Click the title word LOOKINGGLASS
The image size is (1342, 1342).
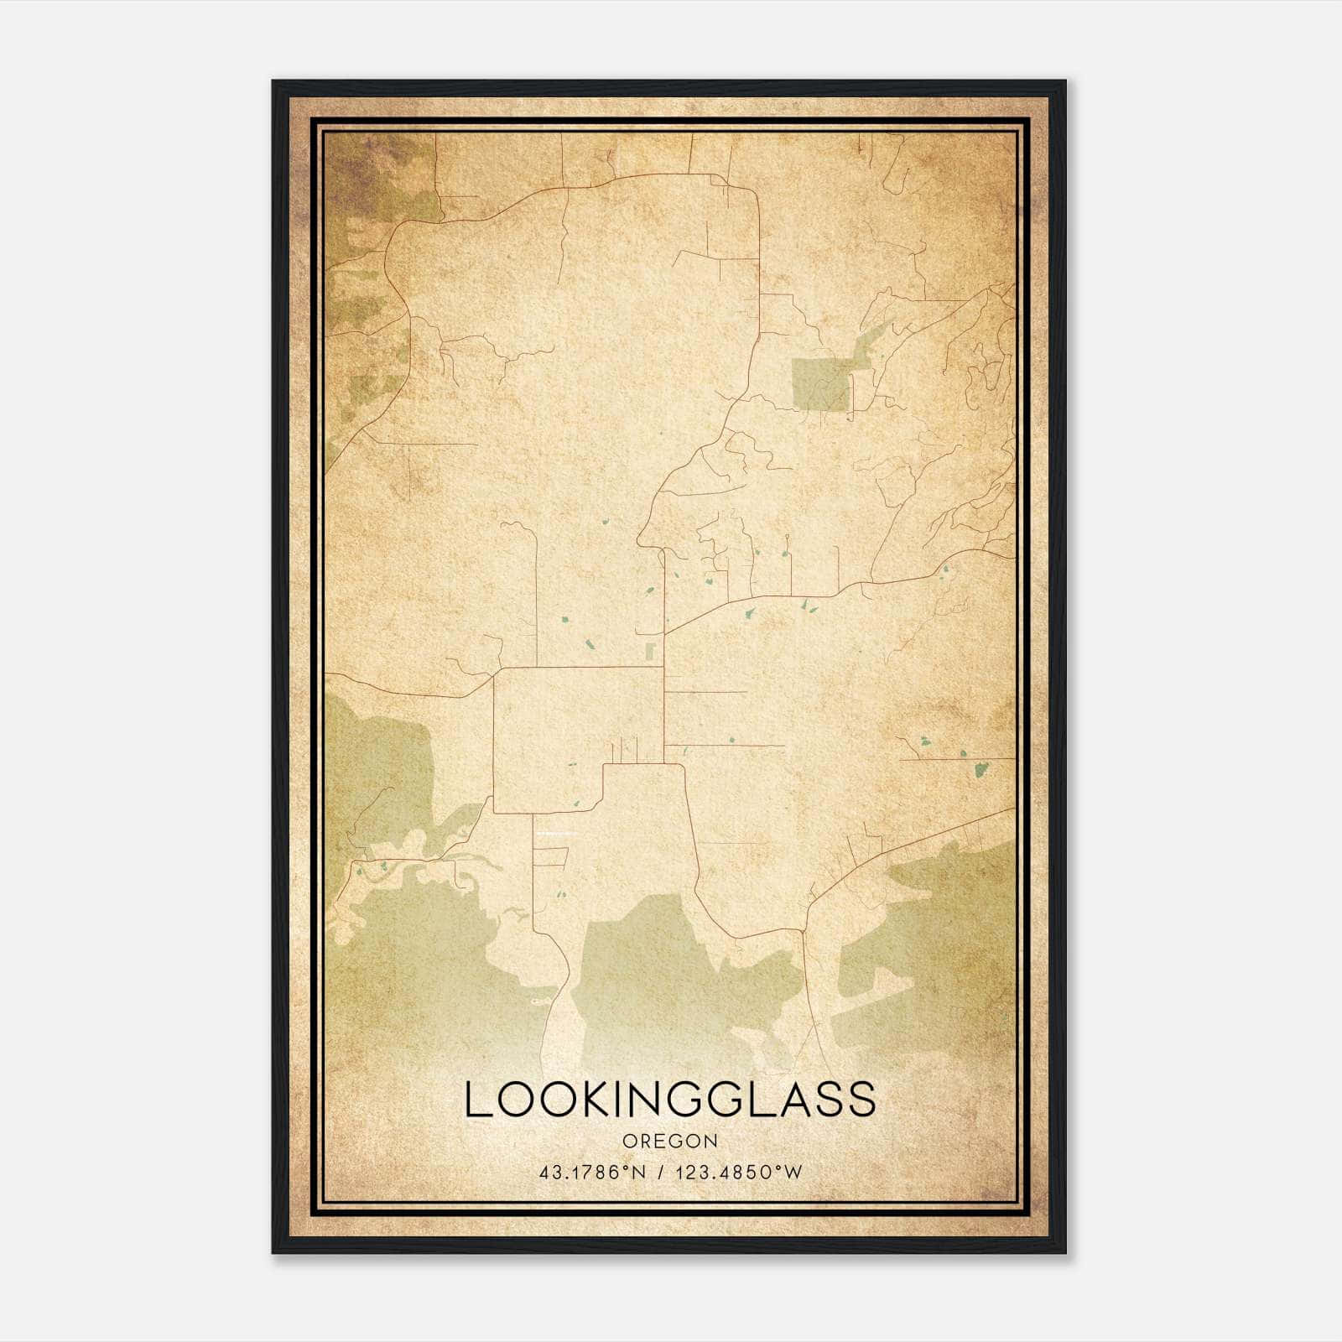coord(670,1100)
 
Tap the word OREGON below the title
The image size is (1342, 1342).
coord(670,1142)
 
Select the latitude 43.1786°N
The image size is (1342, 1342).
coord(593,1172)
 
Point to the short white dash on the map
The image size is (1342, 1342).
coord(557,834)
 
